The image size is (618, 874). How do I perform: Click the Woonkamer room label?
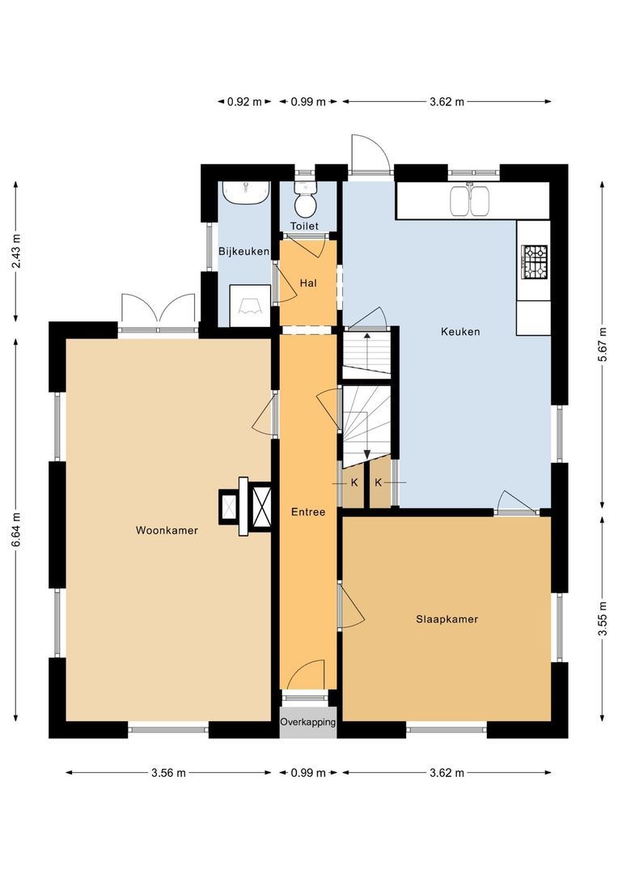pos(167,530)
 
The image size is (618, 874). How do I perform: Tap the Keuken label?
pos(460,332)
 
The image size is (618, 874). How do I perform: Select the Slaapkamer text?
pos(447,619)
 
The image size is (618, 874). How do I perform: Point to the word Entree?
pos(308,511)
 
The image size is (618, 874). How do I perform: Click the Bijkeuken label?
pos(243,252)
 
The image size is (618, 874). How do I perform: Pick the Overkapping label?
pos(308,722)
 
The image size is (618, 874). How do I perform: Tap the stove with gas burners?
pos(534,262)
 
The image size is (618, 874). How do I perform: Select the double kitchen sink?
pos(470,201)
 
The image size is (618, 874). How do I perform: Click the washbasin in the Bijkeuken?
pos(245,193)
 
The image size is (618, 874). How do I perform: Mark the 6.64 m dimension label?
pos(17,530)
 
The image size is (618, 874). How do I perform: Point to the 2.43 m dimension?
pos(17,252)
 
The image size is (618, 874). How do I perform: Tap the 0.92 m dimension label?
pos(244,102)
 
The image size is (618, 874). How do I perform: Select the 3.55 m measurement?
pos(603,619)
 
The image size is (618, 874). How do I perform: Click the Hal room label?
pos(308,283)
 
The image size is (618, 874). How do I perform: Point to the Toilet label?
pos(305,226)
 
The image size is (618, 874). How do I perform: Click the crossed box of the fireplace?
pos(262,507)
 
